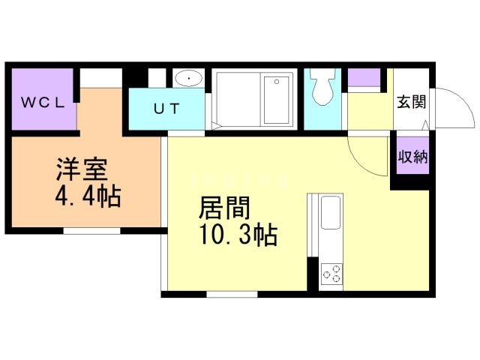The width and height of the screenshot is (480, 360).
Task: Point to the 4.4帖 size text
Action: point(88,197)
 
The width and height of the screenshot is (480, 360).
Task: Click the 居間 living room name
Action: point(224,207)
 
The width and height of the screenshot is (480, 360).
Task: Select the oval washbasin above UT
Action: point(187,78)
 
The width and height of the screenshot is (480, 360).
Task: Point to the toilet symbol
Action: point(322,88)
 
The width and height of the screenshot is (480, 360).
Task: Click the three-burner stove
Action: point(331,274)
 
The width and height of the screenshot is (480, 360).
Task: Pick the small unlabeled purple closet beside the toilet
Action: point(364,78)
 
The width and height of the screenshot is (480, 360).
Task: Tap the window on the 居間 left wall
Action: point(163,262)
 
